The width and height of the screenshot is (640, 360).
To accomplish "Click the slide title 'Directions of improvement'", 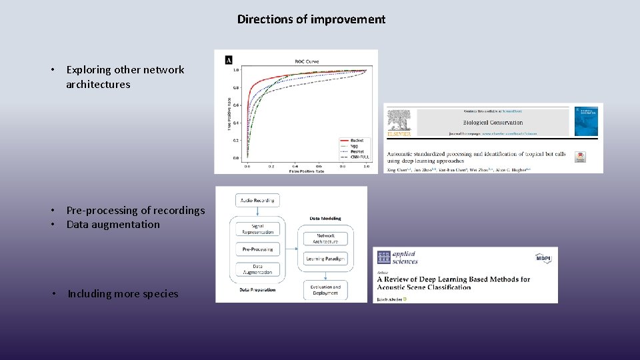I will coord(311,19).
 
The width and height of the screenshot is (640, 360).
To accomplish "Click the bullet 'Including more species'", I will coord(123,294).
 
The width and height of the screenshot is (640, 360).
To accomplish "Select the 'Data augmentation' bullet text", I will coord(113,225).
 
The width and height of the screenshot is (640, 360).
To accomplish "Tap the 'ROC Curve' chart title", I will coord(307,61).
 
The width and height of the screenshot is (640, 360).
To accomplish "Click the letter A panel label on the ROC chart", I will coord(229,59).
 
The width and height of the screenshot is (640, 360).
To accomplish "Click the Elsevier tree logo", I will coord(399,123).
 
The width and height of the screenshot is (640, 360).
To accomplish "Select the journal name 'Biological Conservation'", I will coord(493,123).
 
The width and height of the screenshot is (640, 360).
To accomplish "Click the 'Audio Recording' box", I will coord(258,200).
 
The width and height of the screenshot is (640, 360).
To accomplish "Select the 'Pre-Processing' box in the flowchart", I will coord(257,249).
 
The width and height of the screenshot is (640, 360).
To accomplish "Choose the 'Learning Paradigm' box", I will coord(325,259).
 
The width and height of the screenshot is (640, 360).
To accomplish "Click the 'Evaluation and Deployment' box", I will coord(325,289).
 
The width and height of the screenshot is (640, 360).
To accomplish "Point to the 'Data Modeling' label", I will coord(325,218).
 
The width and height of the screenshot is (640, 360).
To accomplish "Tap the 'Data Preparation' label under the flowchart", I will coord(257,290).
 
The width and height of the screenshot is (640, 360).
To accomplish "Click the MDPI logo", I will coord(543,257).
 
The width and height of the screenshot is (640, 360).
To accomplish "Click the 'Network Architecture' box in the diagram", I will coord(325,239).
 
